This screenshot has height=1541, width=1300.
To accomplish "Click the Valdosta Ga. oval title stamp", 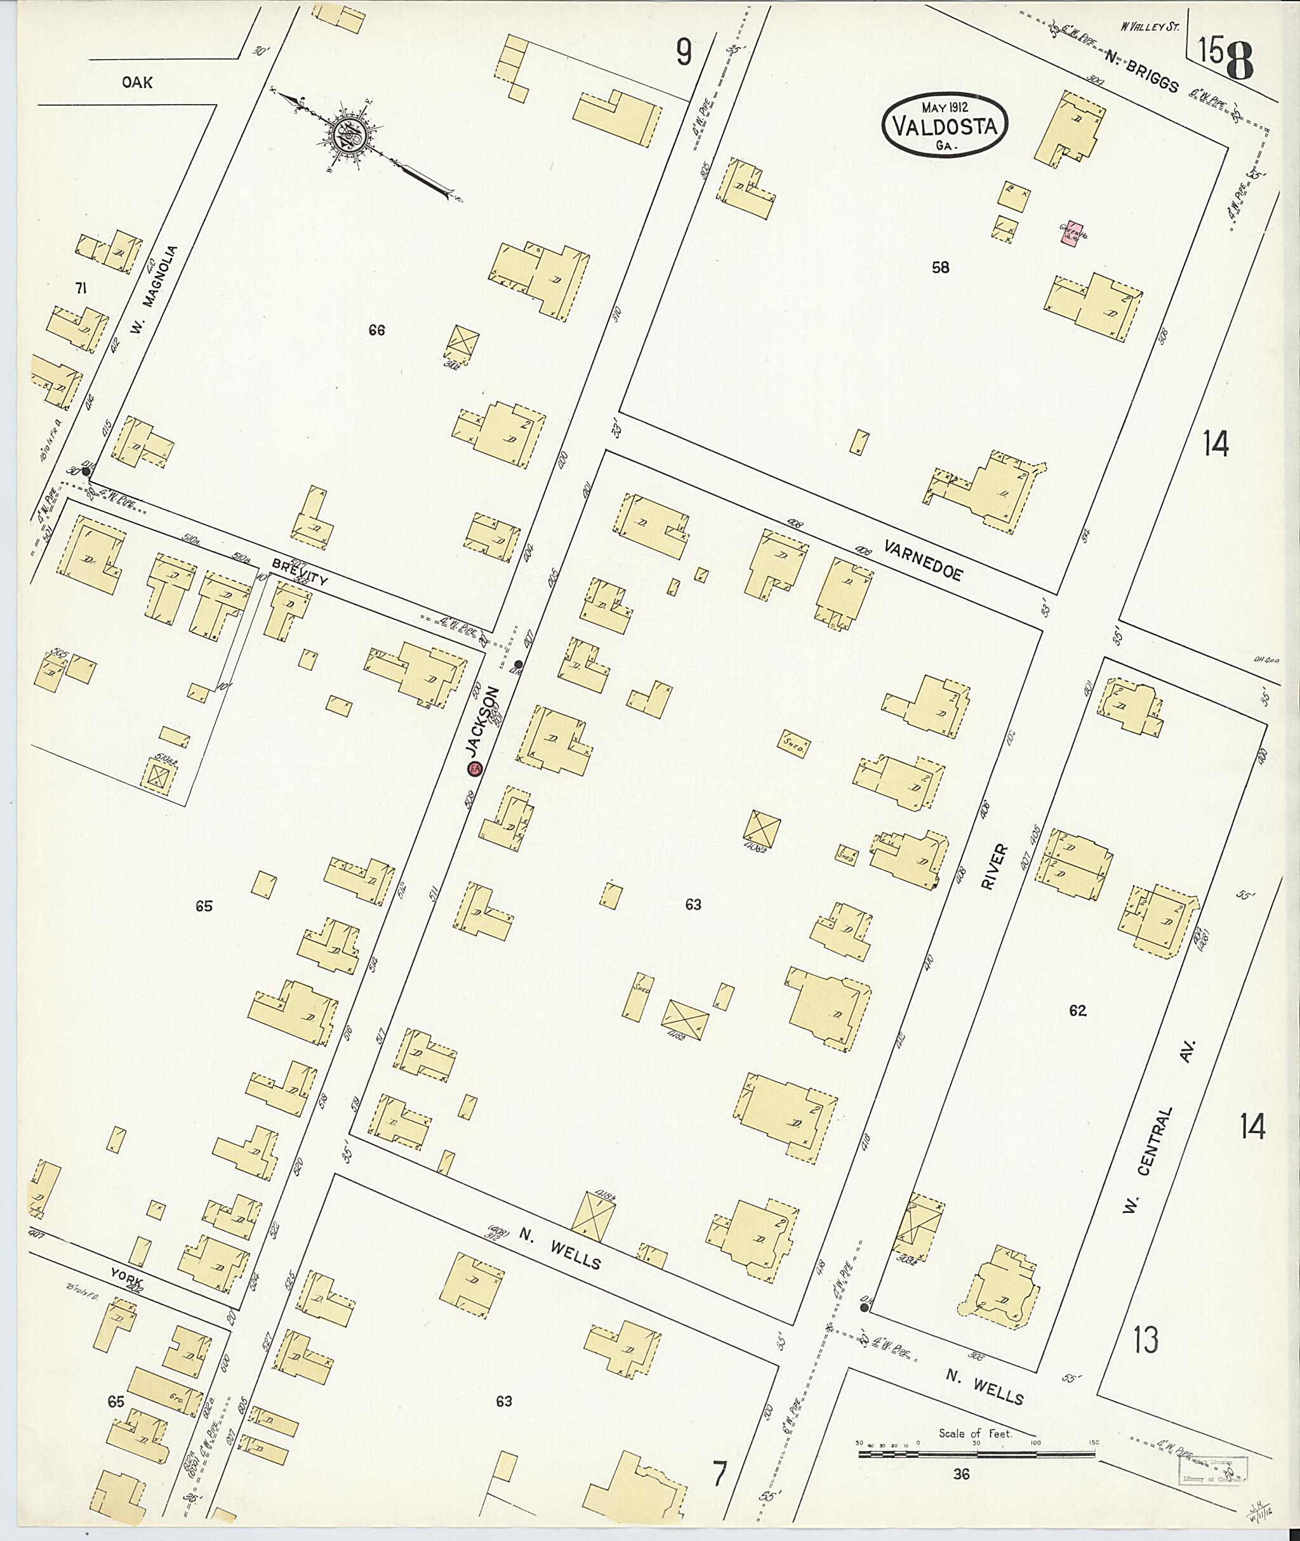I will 945,124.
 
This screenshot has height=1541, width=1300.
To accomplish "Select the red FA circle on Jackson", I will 475,768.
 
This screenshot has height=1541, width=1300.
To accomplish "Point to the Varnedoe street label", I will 923,561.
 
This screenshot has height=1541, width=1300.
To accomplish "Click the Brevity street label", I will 299,572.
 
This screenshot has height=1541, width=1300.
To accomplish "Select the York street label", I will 125,1273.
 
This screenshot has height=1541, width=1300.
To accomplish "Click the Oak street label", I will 138,82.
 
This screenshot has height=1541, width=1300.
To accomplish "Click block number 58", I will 940,267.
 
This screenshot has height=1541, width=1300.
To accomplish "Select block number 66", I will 376,331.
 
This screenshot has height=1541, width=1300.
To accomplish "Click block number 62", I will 1077,1011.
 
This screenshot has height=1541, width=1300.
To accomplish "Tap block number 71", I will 81,289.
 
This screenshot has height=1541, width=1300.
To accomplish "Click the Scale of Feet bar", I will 976,1455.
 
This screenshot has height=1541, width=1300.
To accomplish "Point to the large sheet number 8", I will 1240,61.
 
